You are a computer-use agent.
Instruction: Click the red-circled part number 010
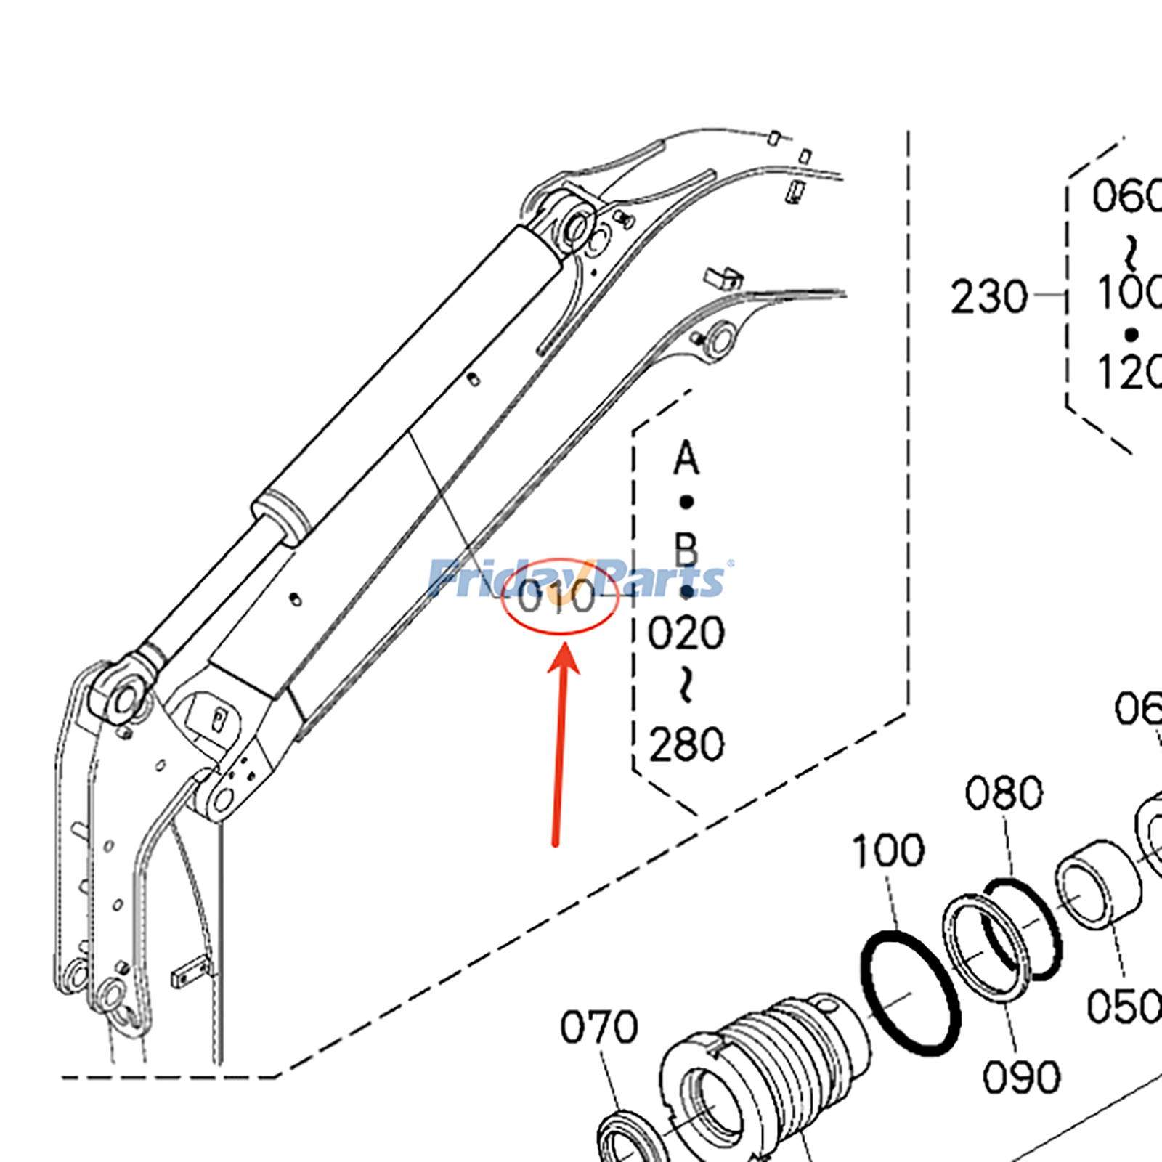click(x=558, y=597)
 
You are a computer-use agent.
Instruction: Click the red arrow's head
click(x=564, y=658)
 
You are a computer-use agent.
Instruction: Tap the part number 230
click(x=988, y=297)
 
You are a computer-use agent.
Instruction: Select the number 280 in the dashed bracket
click(x=686, y=744)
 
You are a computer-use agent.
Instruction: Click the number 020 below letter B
click(x=686, y=633)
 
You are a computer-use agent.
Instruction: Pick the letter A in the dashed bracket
click(x=686, y=459)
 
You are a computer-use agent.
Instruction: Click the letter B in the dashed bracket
click(x=686, y=550)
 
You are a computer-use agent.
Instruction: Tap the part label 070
click(x=598, y=1027)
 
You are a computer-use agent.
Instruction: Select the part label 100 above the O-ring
click(x=887, y=850)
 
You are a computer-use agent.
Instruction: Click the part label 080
click(x=1004, y=792)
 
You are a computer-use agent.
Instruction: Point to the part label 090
click(x=1021, y=1076)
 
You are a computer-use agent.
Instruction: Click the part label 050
click(x=1123, y=1007)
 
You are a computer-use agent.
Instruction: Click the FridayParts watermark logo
click(x=577, y=579)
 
